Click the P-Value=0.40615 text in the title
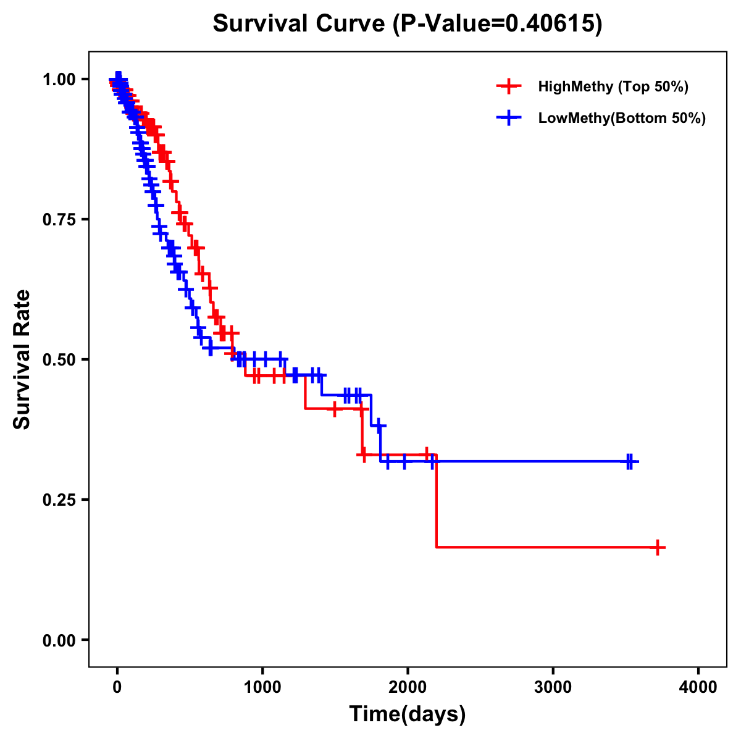498,23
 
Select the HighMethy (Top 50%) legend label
613,86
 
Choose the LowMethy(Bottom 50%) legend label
621,119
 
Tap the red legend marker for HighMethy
508,86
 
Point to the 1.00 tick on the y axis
59,79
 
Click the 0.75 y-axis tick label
59,219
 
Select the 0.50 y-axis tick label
59,359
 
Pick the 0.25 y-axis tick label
59,500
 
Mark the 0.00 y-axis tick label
59,640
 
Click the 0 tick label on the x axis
117,687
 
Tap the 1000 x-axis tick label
262,687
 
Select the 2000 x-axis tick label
408,687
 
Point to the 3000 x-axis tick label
553,687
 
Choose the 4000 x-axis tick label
698,687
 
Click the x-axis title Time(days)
408,714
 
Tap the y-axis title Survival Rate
22,359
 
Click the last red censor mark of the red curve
658,547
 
